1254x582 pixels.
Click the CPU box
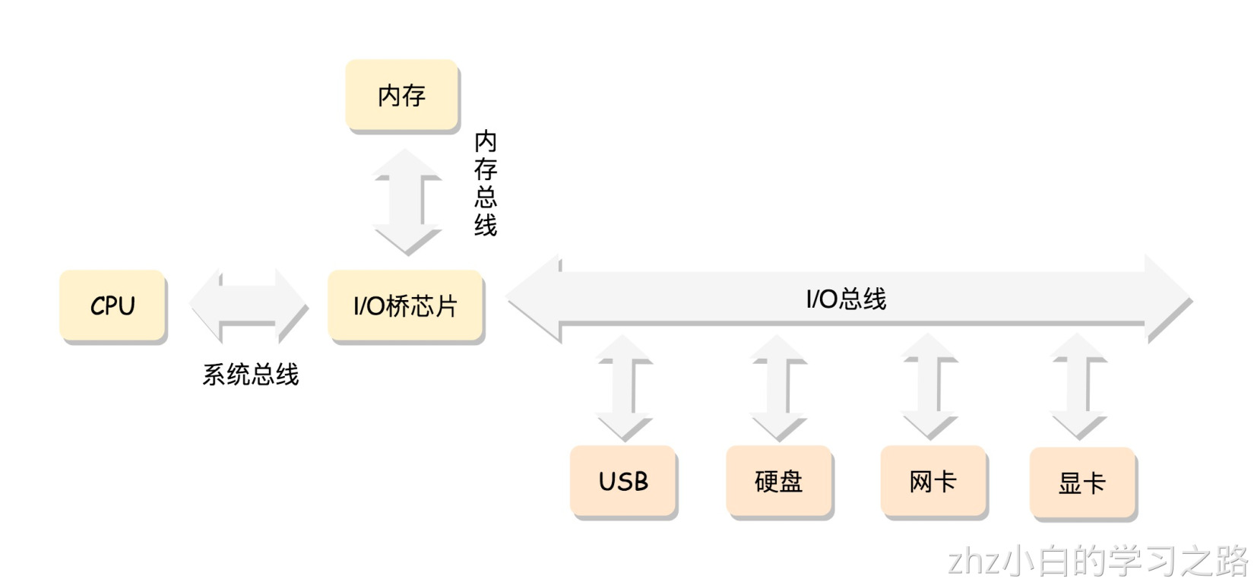[112, 305]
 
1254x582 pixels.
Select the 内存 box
[401, 96]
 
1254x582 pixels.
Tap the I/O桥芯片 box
[405, 305]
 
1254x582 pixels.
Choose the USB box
[623, 482]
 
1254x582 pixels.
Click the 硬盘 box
[779, 482]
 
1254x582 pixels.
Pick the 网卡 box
[933, 482]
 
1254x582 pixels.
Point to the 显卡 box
[1082, 483]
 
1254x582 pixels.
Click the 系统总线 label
[251, 375]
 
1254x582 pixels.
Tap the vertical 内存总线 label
[486, 183]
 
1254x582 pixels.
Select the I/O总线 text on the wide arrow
[846, 299]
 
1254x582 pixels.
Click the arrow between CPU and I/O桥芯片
[249, 305]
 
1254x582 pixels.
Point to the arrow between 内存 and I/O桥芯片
[407, 201]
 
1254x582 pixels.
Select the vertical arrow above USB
[625, 387]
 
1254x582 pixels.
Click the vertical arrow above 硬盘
[779, 387]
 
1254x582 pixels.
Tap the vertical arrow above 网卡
[929, 387]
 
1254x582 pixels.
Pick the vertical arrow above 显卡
[1079, 387]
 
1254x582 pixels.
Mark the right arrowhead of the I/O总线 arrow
[1167, 299]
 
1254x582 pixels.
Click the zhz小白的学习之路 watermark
[1097, 561]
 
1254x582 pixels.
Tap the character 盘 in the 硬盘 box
[791, 482]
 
